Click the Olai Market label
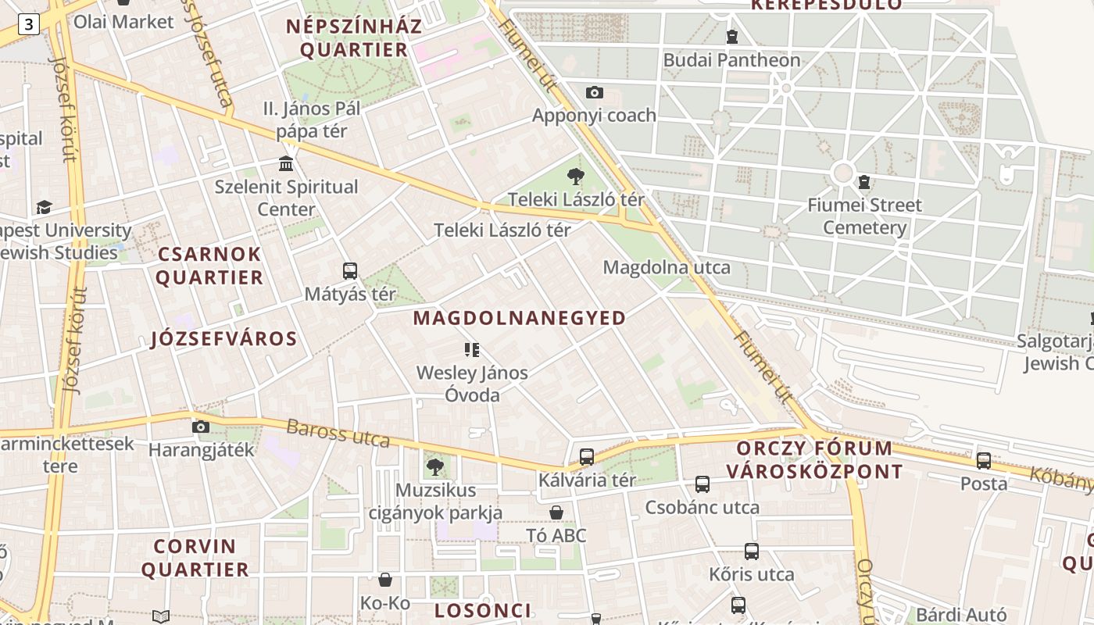(x=123, y=22)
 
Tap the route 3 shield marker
(x=29, y=24)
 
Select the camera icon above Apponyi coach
(x=595, y=93)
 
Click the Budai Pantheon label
(x=731, y=60)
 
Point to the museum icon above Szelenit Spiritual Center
(x=286, y=164)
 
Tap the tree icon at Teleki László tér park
(x=576, y=177)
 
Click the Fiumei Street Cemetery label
(x=864, y=216)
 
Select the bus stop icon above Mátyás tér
(x=350, y=271)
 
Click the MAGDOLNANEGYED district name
(x=520, y=318)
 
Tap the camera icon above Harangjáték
(x=201, y=427)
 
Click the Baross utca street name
(x=338, y=434)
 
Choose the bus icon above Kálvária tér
(x=587, y=457)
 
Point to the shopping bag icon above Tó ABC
(x=556, y=512)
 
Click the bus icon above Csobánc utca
(x=703, y=484)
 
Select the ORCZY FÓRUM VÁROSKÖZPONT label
(x=815, y=460)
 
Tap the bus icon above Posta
(x=984, y=461)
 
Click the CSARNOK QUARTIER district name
(x=210, y=266)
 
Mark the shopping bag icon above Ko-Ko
(x=385, y=580)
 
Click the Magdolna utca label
(x=667, y=268)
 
